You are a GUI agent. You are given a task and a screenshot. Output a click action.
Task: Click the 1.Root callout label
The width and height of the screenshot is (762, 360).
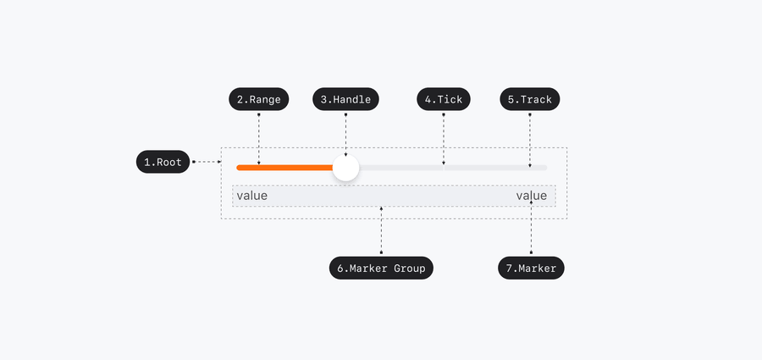click(x=163, y=162)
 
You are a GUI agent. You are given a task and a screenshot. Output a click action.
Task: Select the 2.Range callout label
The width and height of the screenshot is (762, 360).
click(x=258, y=99)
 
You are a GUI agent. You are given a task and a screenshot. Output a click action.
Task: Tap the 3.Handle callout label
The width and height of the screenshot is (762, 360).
click(x=345, y=99)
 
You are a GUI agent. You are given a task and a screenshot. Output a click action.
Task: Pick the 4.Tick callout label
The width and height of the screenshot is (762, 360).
click(x=444, y=99)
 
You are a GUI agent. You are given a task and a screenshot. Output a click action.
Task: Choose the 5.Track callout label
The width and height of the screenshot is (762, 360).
click(x=529, y=99)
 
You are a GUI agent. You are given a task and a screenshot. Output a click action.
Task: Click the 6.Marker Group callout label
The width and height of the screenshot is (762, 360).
click(x=381, y=269)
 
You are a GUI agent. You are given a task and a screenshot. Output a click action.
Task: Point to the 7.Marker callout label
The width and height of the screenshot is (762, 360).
click(x=531, y=269)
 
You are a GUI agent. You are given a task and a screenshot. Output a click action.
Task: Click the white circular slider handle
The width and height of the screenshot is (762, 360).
click(x=345, y=168)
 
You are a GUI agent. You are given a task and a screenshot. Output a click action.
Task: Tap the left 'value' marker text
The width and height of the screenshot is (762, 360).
click(x=251, y=196)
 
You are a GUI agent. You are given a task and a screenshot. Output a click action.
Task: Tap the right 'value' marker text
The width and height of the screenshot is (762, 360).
click(x=532, y=196)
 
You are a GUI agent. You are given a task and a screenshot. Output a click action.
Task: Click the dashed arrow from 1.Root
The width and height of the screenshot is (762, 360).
click(x=207, y=161)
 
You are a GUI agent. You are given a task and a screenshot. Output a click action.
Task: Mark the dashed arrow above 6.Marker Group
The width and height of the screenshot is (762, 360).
click(x=381, y=230)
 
